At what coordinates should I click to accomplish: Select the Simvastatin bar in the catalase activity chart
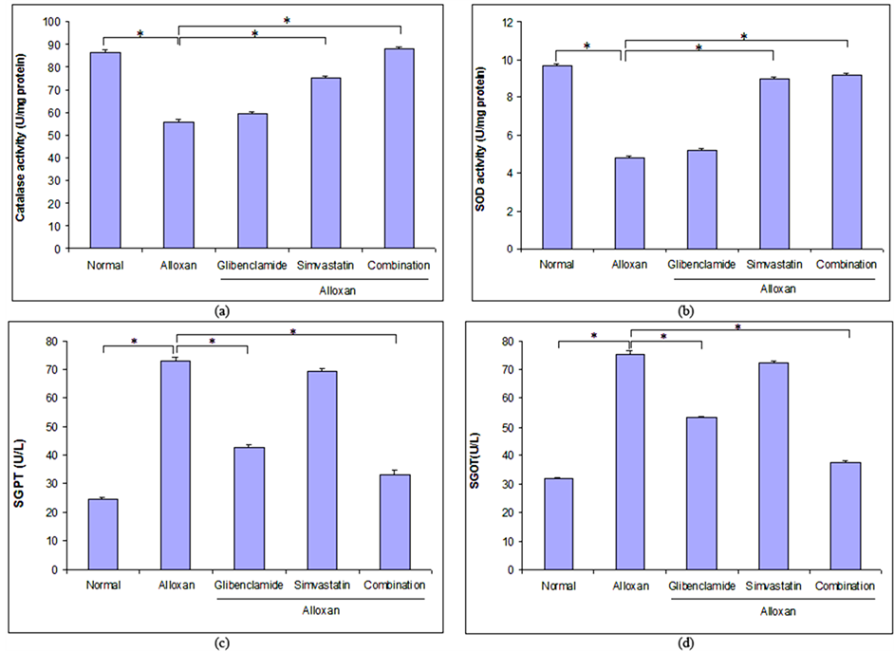(x=326, y=162)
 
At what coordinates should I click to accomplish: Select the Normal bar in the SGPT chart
(x=102, y=534)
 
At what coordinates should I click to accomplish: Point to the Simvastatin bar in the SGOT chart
(x=774, y=466)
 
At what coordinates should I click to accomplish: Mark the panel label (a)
(x=222, y=309)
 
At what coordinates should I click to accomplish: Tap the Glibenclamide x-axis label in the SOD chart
(x=701, y=264)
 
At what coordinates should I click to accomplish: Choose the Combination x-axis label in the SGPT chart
(x=395, y=586)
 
